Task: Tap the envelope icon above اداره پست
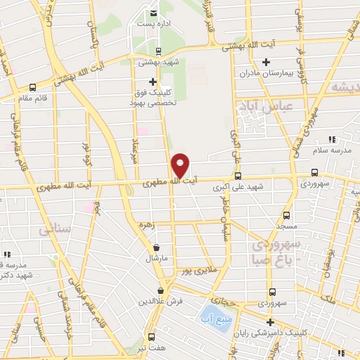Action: (x=153, y=12)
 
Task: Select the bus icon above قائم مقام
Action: (x=33, y=88)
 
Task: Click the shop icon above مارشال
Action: (x=156, y=247)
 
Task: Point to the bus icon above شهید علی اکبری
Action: (x=238, y=176)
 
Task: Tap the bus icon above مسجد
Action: (x=285, y=216)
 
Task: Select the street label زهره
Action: (x=146, y=225)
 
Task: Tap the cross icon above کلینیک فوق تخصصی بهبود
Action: (x=153, y=81)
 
